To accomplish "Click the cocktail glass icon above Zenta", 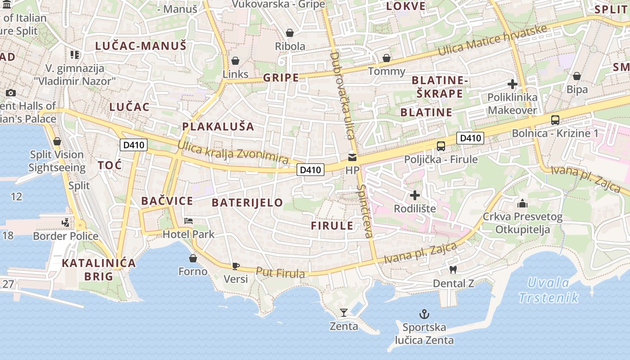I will [x=344, y=312].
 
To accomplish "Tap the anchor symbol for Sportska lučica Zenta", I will [x=424, y=314].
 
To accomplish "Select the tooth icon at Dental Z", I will [x=453, y=270].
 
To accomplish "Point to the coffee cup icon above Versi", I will [x=235, y=266].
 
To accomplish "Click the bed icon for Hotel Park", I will [x=189, y=221].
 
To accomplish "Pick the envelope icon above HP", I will [x=352, y=157].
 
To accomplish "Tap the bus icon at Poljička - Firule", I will [x=441, y=146].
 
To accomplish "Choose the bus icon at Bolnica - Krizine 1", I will [x=555, y=120].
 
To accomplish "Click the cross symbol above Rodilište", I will [x=415, y=195].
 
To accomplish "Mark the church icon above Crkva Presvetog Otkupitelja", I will [x=522, y=203].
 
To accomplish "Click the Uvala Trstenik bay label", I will [x=549, y=290].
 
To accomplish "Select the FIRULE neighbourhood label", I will [x=332, y=226].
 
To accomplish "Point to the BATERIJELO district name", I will [x=247, y=202].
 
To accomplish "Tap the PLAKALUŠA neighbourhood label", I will [x=218, y=126].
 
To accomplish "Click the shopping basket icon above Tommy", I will [x=386, y=58].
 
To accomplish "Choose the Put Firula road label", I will [x=280, y=273].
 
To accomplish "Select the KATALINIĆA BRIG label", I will [x=99, y=270].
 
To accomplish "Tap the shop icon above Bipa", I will [x=576, y=76].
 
